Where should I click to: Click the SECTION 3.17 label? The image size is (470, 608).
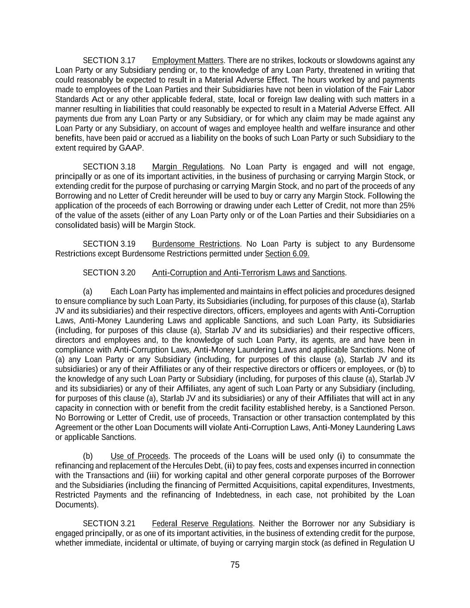click(109, 61)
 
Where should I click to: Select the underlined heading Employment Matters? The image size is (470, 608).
click(188, 61)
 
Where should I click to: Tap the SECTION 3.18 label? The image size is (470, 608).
click(109, 167)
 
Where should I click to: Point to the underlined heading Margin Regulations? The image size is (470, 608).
click(187, 167)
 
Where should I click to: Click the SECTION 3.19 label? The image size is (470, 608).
click(109, 244)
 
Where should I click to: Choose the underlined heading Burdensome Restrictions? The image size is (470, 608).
click(196, 244)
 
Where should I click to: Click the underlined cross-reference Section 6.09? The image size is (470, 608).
click(287, 254)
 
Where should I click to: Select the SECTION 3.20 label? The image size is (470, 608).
click(109, 273)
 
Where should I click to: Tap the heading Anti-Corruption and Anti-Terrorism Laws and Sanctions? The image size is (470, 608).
click(248, 273)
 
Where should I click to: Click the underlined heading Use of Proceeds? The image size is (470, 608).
click(139, 456)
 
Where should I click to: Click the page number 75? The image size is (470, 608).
click(235, 565)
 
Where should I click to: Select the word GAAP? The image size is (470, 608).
click(131, 148)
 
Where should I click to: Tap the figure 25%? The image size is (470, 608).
click(406, 206)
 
